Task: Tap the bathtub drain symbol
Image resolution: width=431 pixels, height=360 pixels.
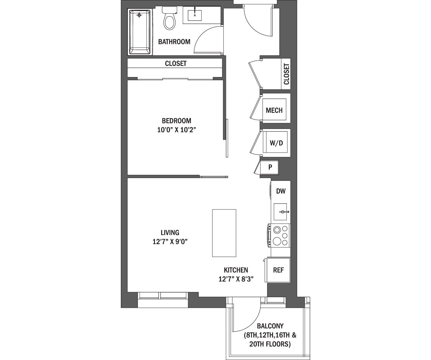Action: pos(140,15)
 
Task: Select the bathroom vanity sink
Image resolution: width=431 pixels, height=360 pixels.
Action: pos(195,15)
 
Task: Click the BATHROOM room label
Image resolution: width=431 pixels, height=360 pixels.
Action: pos(174,42)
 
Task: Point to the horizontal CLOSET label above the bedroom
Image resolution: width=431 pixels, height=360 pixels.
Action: pos(176,63)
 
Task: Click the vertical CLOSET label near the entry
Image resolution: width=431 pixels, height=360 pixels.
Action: pos(286,74)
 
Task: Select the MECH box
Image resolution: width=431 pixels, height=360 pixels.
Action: pos(274,110)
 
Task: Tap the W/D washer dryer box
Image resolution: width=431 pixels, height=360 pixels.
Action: pos(276,143)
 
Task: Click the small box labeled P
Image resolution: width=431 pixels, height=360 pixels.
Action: pos(270,167)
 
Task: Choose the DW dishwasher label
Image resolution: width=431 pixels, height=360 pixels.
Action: pos(281,191)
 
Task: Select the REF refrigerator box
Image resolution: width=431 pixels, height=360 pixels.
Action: pos(278,270)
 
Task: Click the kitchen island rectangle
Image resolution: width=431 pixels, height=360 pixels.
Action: pos(224,233)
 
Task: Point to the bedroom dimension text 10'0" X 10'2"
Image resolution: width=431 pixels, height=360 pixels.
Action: pos(177,129)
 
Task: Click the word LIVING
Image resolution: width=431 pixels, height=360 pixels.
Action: pos(170,233)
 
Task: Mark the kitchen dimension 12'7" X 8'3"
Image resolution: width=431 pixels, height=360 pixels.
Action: pos(236,279)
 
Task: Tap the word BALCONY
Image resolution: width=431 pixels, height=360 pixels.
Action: pos(270,326)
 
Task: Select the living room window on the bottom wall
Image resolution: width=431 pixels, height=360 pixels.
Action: pos(163,296)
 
